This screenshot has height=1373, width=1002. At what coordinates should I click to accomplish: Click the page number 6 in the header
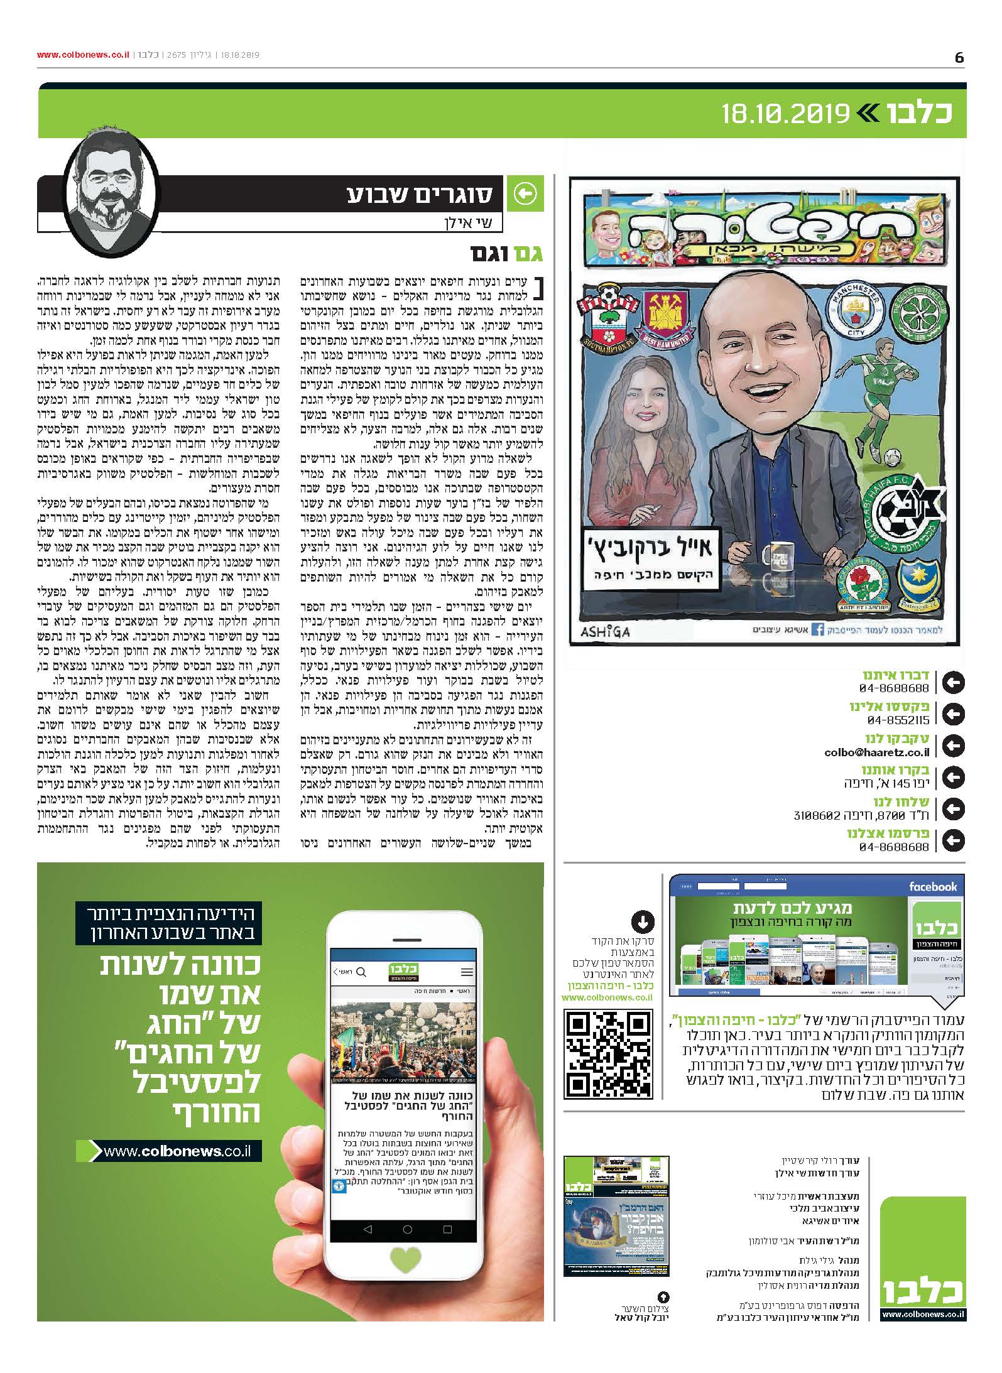(x=959, y=57)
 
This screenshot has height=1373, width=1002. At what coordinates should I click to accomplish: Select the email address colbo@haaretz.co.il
(x=876, y=752)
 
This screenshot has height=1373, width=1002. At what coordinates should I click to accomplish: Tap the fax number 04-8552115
(x=898, y=720)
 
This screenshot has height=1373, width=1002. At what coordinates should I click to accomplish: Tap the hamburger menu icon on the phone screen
(x=467, y=972)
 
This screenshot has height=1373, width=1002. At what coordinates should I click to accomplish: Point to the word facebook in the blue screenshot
(x=933, y=887)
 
